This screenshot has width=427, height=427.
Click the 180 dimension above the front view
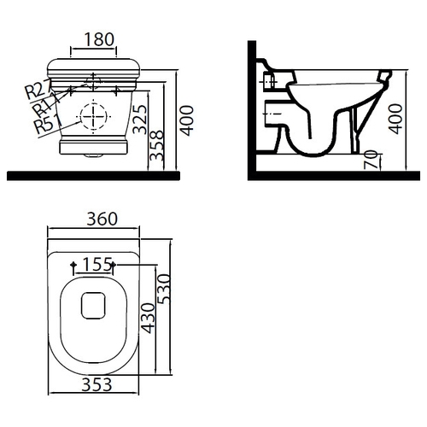click(x=99, y=39)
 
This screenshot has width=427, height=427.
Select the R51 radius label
click(x=47, y=123)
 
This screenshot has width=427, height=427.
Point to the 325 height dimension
click(x=140, y=120)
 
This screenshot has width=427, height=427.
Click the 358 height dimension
click(x=157, y=145)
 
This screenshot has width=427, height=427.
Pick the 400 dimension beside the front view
click(x=187, y=120)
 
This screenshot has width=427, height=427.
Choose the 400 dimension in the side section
click(x=395, y=119)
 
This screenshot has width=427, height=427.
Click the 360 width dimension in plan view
click(x=102, y=219)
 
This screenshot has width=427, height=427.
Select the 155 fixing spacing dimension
click(x=97, y=265)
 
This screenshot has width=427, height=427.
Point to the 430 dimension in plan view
click(x=149, y=319)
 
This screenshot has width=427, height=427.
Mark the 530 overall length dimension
click(x=164, y=289)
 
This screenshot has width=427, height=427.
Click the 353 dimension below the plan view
click(x=97, y=385)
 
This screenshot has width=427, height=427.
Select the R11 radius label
click(x=43, y=106)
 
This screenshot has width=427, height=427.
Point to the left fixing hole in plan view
click(x=73, y=265)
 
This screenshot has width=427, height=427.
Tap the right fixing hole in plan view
click(x=114, y=265)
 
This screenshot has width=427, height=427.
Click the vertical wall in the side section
click(x=252, y=110)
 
